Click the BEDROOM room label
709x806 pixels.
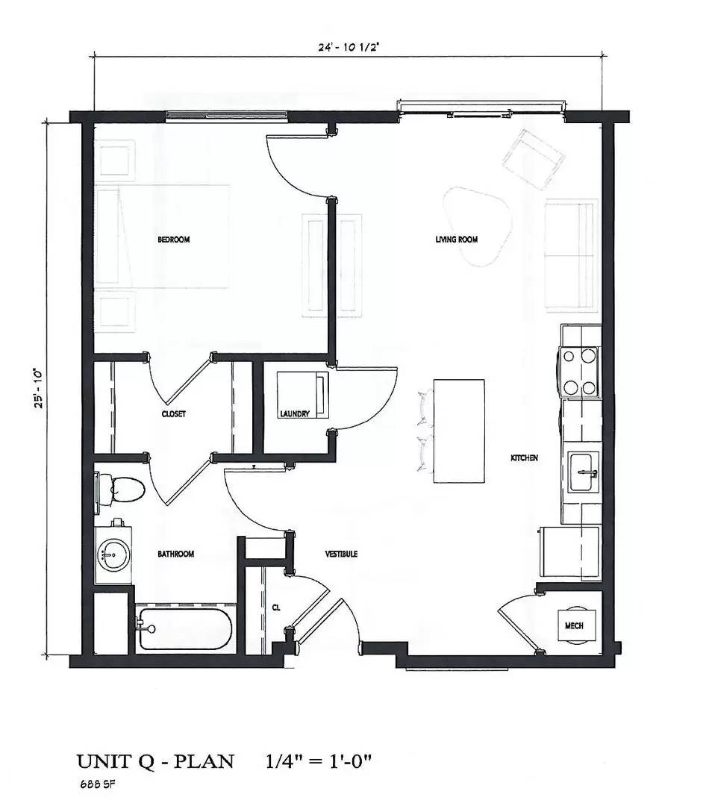click(173, 240)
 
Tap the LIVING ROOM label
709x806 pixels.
click(456, 240)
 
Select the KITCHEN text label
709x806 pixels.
click(524, 457)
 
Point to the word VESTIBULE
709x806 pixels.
click(341, 554)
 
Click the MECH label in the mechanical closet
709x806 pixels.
click(574, 625)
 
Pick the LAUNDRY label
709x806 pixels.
click(295, 413)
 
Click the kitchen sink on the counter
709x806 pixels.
click(583, 473)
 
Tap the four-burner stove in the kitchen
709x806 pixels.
click(580, 372)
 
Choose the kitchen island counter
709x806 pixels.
click(458, 431)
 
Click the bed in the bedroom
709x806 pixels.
click(162, 236)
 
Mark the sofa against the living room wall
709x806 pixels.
click(571, 254)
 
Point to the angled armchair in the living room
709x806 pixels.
click(533, 157)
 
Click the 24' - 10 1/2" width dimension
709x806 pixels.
click(350, 47)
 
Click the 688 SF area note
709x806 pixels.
click(96, 784)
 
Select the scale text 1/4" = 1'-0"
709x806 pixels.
click(319, 762)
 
